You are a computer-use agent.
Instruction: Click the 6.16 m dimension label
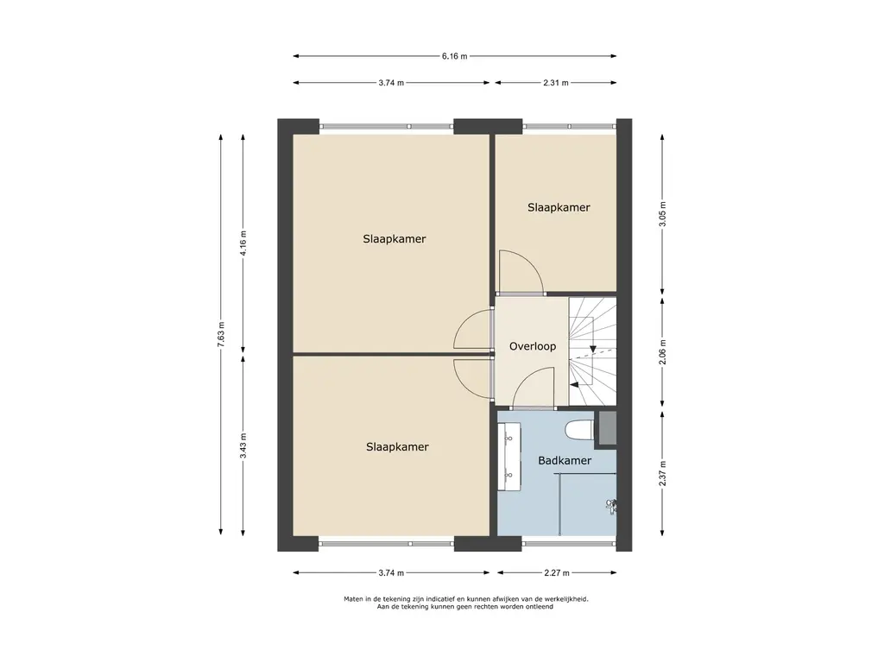click(454, 56)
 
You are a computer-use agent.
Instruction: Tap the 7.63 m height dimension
click(221, 336)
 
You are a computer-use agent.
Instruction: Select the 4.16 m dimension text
click(243, 243)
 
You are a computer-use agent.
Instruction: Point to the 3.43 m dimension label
click(243, 445)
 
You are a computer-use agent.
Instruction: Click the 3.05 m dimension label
click(662, 214)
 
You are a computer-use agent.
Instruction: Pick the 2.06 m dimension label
click(662, 352)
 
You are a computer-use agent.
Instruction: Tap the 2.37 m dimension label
click(662, 474)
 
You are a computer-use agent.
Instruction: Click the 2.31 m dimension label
click(556, 83)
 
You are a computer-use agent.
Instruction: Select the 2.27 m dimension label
click(557, 573)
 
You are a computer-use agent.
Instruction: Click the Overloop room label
click(533, 346)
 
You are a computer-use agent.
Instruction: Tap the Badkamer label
click(565, 461)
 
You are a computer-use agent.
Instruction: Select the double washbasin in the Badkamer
click(508, 457)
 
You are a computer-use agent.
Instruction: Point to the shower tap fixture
click(610, 506)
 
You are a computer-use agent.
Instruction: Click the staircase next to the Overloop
click(592, 351)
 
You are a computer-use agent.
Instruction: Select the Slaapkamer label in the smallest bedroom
click(559, 207)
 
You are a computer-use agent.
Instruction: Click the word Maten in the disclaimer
click(354, 599)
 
